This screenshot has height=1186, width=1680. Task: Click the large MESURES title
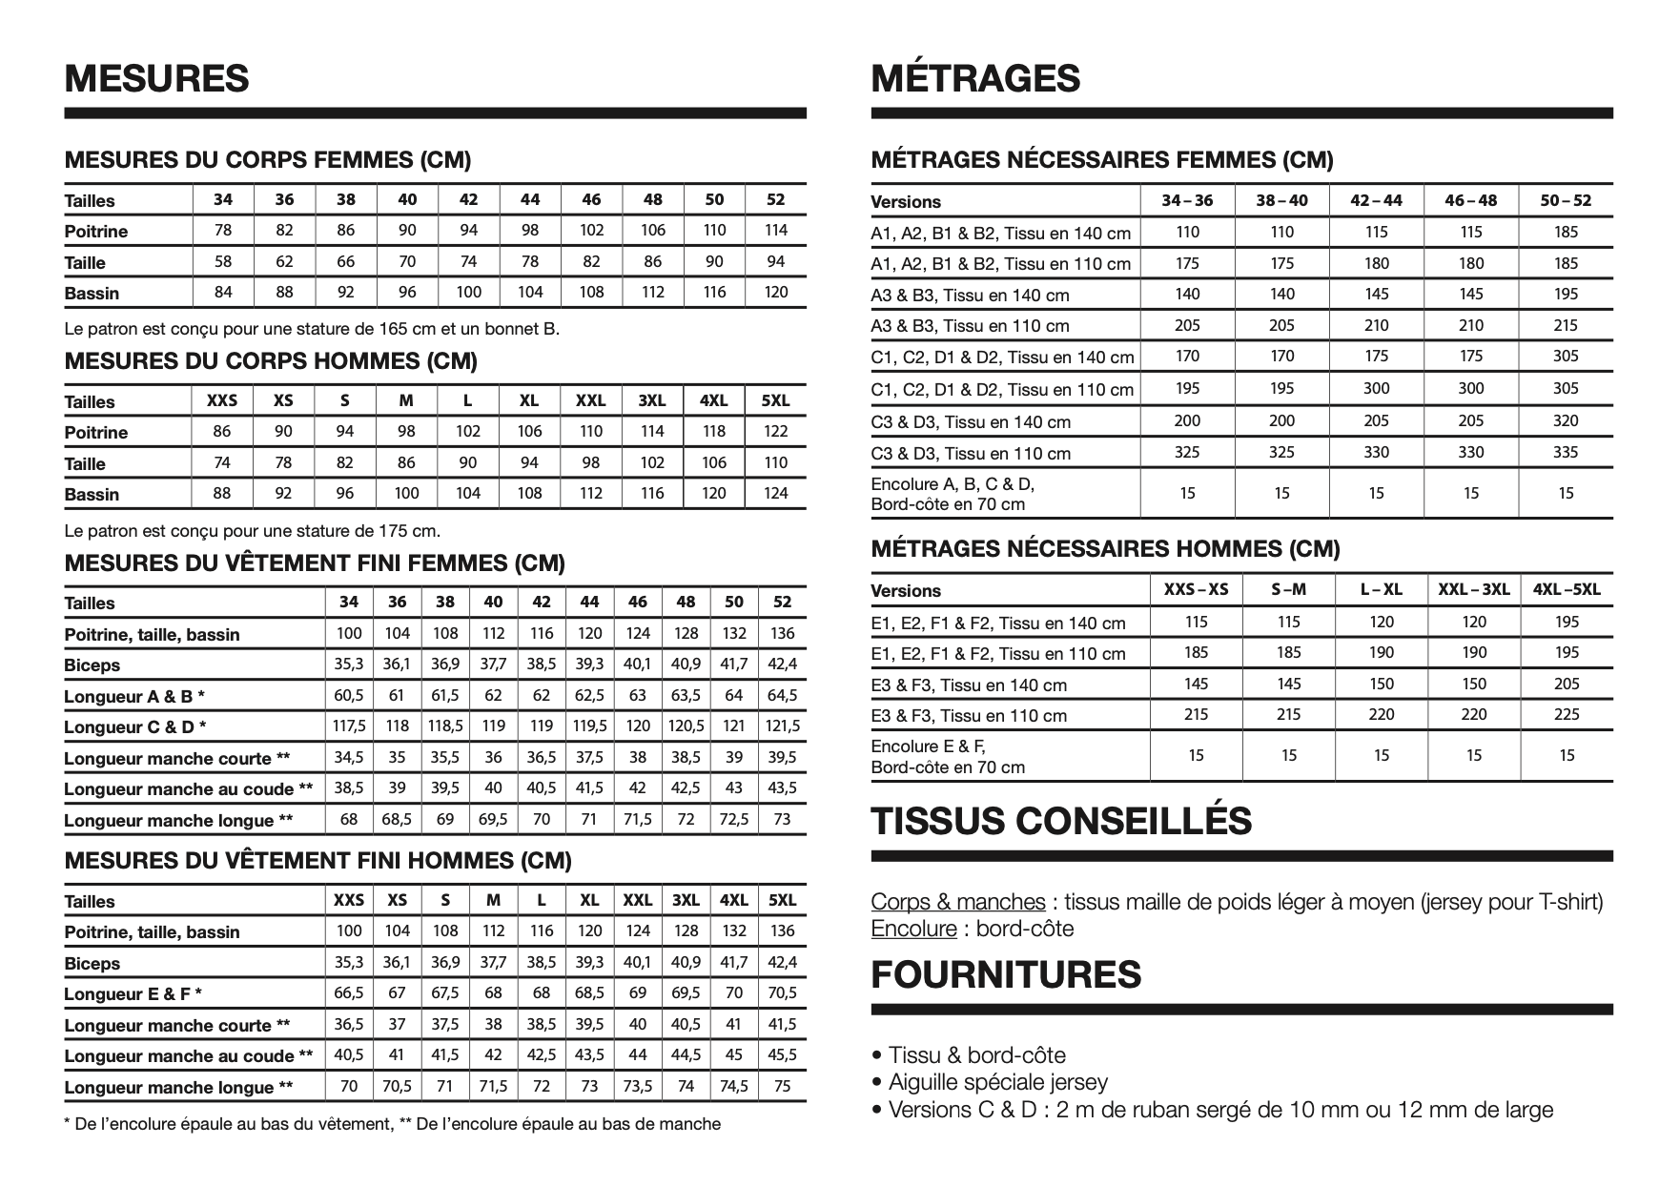pos(156,78)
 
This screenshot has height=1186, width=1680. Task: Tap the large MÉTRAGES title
pos(975,78)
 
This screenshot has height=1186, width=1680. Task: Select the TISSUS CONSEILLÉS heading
pos(1060,821)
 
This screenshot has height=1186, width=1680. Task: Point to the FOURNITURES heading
pos(1006,974)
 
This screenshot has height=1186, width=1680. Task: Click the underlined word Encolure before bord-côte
pos(913,930)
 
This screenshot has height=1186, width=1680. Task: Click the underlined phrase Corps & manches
pos(957,902)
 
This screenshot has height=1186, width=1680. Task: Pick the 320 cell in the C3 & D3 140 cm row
pos(1566,420)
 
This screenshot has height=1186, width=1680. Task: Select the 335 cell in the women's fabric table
pos(1566,452)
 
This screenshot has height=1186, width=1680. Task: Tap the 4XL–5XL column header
pos(1567,589)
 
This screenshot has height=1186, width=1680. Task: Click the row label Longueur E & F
pos(133,994)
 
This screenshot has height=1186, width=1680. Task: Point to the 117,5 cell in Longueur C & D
pos(349,726)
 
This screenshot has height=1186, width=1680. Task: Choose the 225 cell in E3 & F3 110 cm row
pos(1567,714)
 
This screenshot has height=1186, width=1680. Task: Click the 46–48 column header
pos(1470,200)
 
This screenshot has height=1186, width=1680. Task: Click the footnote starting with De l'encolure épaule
pos(392,1124)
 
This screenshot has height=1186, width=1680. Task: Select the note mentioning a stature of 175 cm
pos(252,530)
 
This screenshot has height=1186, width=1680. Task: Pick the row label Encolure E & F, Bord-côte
pos(948,756)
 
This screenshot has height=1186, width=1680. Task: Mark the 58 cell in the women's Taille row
pos(223,261)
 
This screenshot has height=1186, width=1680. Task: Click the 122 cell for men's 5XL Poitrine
pos(776,431)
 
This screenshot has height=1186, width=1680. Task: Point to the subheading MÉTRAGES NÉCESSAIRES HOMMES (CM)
pos(1105,548)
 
